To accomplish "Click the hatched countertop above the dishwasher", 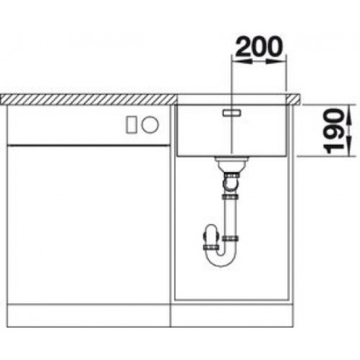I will pos(88,99).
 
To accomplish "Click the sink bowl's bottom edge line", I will pos(231,154).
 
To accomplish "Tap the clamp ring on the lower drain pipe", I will pos(233,239).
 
